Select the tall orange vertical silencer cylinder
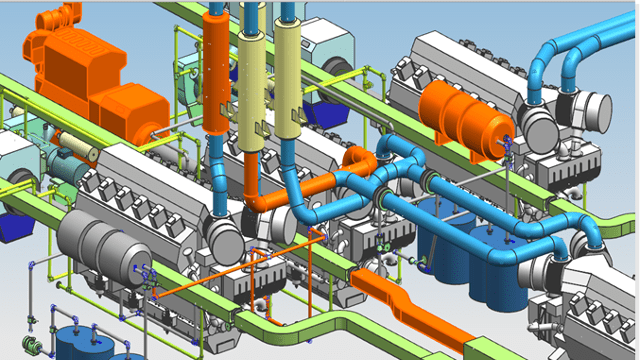tap(216, 70)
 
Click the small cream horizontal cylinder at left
tap(75, 151)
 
